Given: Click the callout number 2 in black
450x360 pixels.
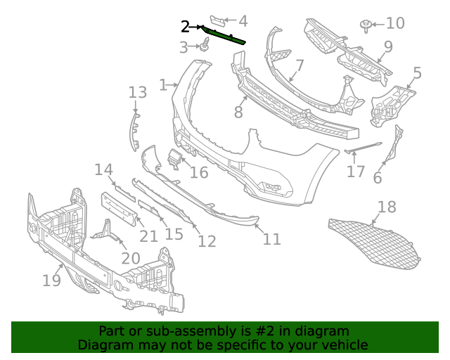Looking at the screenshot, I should [185, 27].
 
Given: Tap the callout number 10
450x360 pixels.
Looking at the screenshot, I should [395, 24].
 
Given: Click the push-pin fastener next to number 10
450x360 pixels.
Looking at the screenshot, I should [366, 25].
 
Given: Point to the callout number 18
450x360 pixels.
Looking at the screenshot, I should [387, 207].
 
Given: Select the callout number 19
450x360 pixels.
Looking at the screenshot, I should [51, 281].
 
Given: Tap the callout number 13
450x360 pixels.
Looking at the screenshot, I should [137, 92].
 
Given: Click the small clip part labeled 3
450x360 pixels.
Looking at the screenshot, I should [205, 47].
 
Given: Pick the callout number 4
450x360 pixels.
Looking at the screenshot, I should [243, 21].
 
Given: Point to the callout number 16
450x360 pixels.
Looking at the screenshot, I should [199, 172].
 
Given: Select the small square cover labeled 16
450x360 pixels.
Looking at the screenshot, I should [173, 160].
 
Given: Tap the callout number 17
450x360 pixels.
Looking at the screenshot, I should [356, 172].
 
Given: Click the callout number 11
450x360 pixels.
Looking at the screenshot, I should [271, 240].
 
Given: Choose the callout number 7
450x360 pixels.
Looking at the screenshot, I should [300, 66].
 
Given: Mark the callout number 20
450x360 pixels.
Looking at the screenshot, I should [130, 258].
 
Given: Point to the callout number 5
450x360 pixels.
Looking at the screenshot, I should [417, 73].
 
